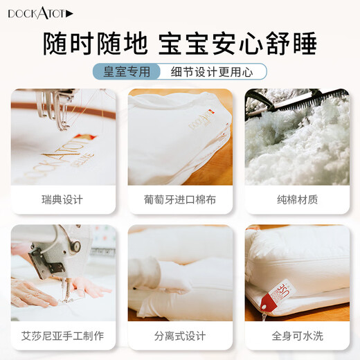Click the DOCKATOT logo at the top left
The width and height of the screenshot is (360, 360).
[40, 14]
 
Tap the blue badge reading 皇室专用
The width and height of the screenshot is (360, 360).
[127, 71]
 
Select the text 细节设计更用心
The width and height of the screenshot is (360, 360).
[212, 72]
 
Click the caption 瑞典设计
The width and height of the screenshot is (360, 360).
[62, 199]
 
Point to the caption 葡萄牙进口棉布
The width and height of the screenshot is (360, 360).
[180, 199]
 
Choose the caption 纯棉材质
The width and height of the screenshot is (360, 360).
[297, 199]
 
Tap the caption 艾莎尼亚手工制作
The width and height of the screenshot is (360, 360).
[62, 336]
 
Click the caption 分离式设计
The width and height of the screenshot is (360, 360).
[180, 336]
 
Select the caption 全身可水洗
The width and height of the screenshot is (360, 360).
[297, 336]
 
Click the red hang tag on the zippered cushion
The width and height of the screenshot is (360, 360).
[277, 295]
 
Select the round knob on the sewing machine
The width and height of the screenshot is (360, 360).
[75, 246]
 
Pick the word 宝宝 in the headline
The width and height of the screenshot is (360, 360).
[183, 44]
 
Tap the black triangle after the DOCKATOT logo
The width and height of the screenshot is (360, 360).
[69, 14]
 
